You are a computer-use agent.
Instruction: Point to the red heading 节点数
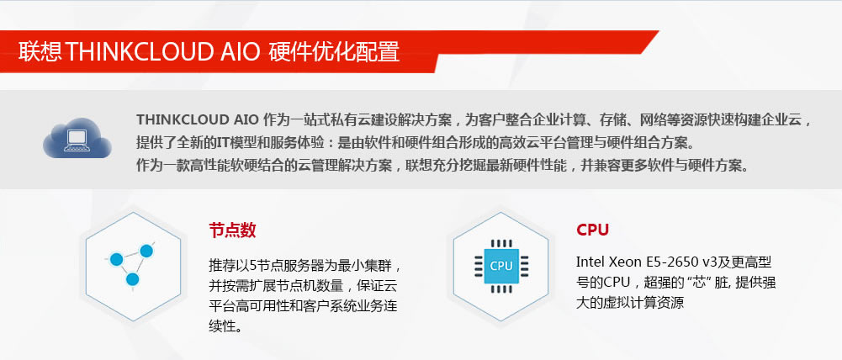(x=232, y=230)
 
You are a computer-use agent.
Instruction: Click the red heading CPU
(x=592, y=230)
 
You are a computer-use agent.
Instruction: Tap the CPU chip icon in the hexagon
(x=500, y=266)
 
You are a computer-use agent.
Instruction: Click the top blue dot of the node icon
(x=146, y=250)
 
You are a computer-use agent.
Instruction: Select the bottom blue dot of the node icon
(x=132, y=280)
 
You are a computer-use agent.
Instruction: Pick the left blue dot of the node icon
(x=117, y=257)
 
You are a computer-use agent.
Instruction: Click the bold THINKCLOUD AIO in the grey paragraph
(x=197, y=119)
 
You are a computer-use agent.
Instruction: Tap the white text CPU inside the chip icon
(x=500, y=266)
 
